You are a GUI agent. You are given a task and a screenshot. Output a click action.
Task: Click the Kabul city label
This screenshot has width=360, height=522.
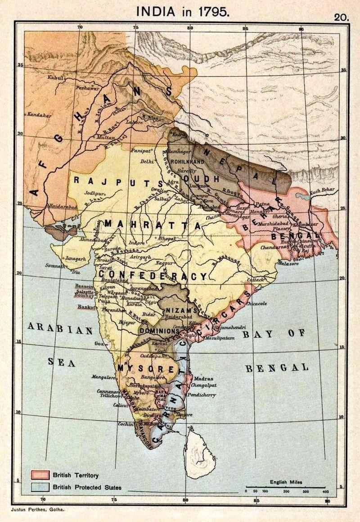55,78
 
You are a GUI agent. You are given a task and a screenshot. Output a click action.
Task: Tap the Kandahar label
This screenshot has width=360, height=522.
38,115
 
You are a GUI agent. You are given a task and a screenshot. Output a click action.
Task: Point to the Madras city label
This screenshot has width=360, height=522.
205,379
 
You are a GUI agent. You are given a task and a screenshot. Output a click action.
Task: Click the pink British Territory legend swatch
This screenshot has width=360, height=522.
39,475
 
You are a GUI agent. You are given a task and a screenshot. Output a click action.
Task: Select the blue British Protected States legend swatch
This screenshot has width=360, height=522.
39,487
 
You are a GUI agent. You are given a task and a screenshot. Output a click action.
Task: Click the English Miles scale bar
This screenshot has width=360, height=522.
286,487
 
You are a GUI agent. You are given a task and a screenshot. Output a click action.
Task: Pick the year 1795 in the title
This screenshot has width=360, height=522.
212,12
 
